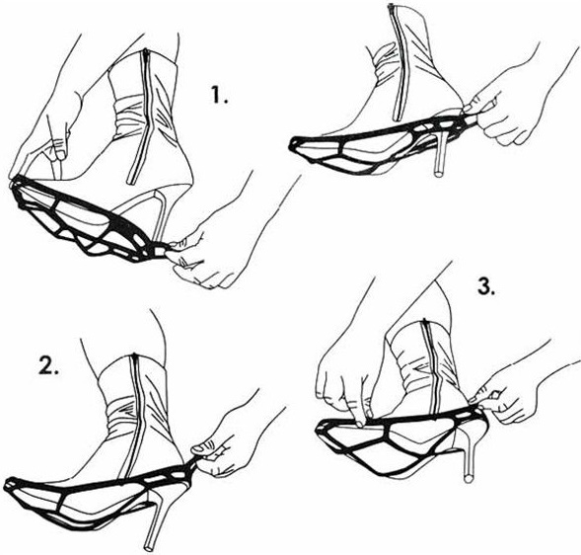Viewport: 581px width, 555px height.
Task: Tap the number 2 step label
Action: coord(49,365)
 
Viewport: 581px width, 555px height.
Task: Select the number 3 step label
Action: coord(486,285)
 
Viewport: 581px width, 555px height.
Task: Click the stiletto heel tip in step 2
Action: coord(149,547)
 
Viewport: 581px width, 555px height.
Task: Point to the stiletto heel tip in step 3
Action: coord(469,478)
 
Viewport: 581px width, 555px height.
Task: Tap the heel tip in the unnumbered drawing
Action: coord(438,172)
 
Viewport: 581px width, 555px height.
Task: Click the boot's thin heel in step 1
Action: coord(161,215)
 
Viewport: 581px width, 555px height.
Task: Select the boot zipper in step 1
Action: coord(138,117)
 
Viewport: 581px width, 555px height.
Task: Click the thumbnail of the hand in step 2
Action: coord(200,448)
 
